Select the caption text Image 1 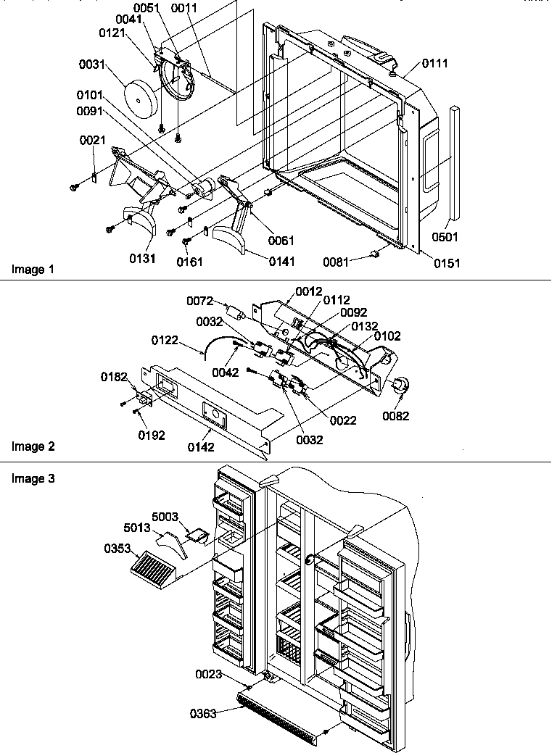pos(33,270)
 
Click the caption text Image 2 pos(33,446)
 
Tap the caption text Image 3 pos(33,478)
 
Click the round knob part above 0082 pos(399,388)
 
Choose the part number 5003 pos(165,518)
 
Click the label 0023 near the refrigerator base pos(209,674)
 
